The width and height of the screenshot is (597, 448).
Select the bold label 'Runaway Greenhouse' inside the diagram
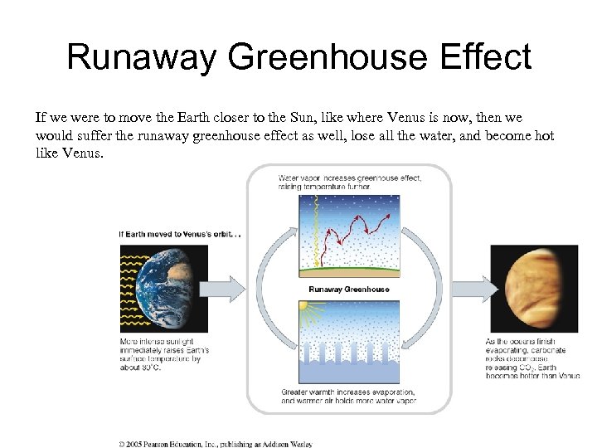348,290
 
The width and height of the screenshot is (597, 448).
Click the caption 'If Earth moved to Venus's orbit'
179,233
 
